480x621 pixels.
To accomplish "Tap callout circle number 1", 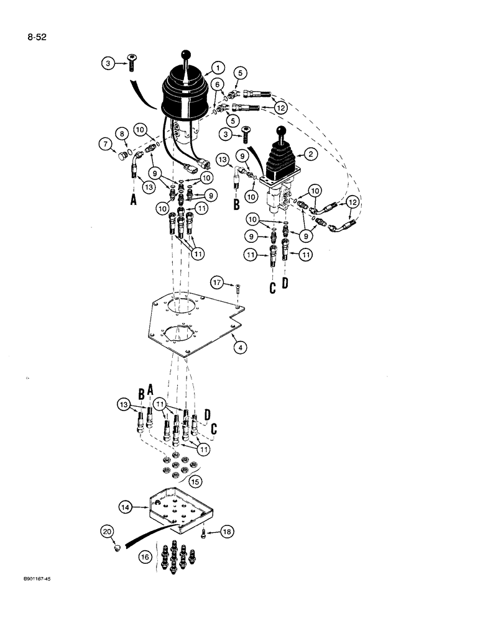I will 216,68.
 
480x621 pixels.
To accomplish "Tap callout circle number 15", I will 195,481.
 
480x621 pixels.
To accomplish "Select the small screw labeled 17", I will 238,288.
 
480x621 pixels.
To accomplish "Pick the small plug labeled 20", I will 116,548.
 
